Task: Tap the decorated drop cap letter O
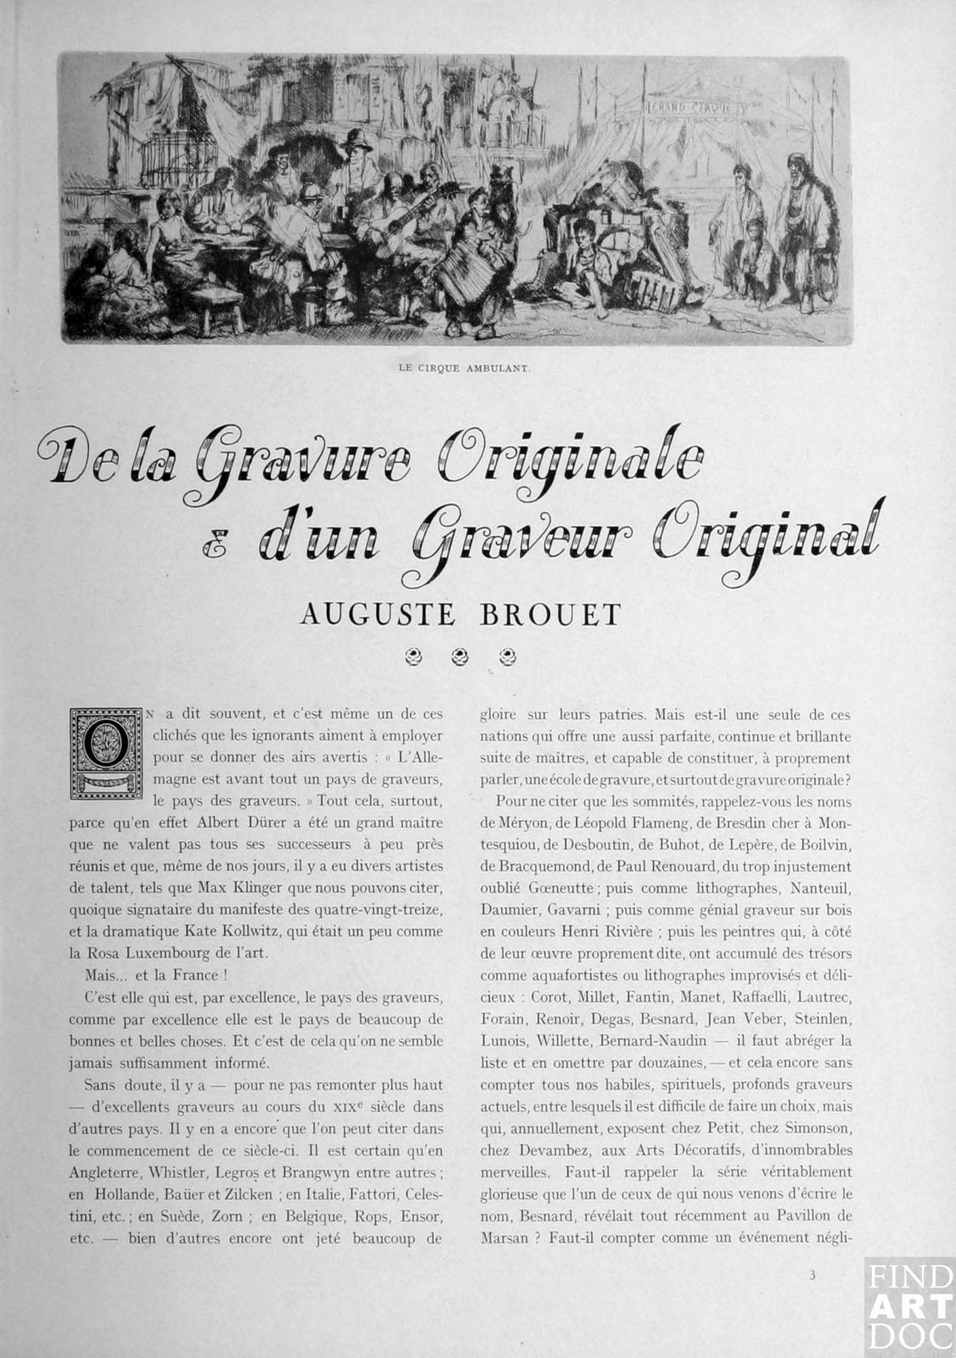tap(107, 754)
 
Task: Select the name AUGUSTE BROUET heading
tap(460, 614)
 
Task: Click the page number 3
tap(812, 1275)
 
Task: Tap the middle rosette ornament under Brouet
tap(461, 656)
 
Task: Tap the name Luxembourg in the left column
tap(167, 953)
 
